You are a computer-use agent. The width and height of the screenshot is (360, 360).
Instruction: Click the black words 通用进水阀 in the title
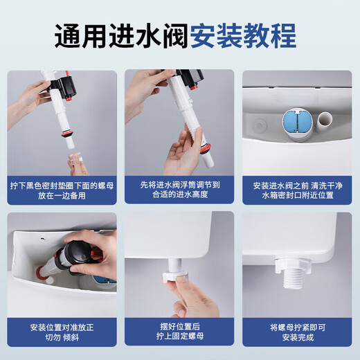[120, 35]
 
